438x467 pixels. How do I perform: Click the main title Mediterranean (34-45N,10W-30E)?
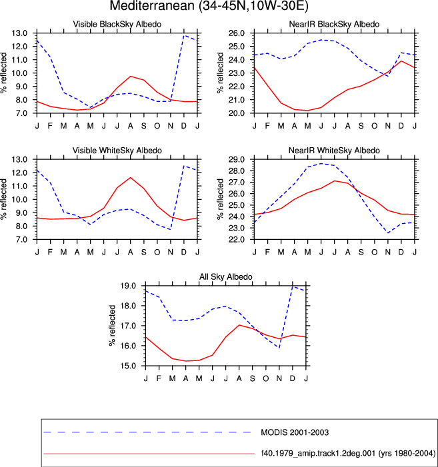click(x=209, y=6)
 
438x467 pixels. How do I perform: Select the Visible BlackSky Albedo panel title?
click(x=117, y=24)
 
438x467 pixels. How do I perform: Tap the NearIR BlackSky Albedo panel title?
click(x=334, y=24)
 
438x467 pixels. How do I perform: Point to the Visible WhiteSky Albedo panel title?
click(x=117, y=151)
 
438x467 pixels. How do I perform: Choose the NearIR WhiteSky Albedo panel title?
click(x=334, y=151)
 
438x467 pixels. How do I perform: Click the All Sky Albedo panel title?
click(x=225, y=276)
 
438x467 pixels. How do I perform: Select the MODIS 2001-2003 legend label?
click(x=295, y=432)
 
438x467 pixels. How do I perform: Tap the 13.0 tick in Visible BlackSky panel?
click(x=19, y=33)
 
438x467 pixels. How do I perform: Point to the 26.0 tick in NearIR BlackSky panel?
click(x=236, y=33)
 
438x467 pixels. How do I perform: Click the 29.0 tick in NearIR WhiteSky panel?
click(x=236, y=159)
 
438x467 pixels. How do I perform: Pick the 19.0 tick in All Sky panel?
click(x=128, y=286)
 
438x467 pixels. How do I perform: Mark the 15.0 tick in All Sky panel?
click(x=128, y=366)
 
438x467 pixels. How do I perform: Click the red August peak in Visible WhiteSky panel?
click(x=130, y=177)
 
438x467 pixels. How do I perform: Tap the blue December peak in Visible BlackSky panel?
click(x=184, y=35)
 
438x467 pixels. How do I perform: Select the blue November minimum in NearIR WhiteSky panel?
click(x=387, y=233)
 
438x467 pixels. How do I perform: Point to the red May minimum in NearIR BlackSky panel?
click(x=307, y=111)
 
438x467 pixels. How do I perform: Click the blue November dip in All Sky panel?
click(x=279, y=348)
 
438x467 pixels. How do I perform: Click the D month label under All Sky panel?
click(x=292, y=378)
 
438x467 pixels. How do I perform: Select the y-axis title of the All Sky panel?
click(x=112, y=326)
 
